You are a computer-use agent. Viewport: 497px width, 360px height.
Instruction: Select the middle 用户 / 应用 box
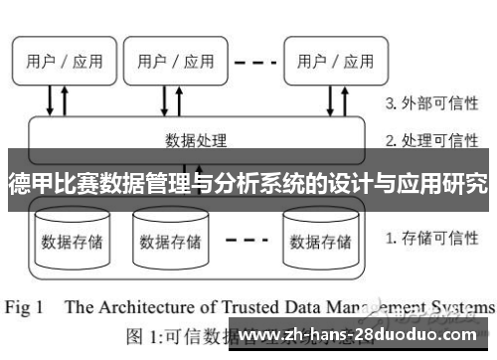tap(176, 61)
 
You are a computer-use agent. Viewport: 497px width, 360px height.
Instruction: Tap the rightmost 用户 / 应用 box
tap(332, 61)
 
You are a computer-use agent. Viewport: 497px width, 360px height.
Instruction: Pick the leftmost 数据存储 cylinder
tap(71, 237)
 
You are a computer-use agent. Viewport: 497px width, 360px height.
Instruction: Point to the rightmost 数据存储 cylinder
tap(319, 237)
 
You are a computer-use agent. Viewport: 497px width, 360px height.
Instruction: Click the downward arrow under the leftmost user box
tap(51, 99)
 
